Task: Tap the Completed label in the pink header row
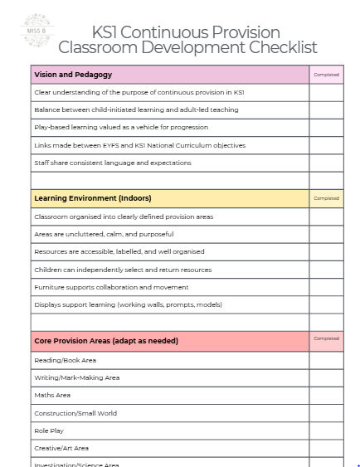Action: (326, 75)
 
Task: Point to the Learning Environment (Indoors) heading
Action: (92, 198)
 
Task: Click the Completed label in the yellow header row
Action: (326, 198)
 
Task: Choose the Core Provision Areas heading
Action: (105, 340)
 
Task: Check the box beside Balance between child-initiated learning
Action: (326, 109)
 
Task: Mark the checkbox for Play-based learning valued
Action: (326, 127)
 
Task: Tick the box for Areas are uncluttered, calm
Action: (326, 234)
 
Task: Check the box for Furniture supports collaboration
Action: (326, 287)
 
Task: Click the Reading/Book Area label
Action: (65, 360)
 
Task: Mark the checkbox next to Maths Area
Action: (326, 395)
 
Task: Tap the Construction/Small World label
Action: (75, 413)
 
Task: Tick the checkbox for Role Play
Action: (326, 431)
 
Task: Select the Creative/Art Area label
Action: (61, 448)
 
